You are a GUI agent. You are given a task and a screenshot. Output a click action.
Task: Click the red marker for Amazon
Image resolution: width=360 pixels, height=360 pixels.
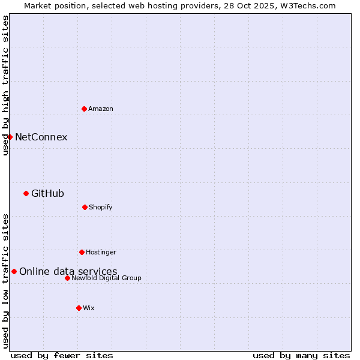pyautogui.click(x=84, y=109)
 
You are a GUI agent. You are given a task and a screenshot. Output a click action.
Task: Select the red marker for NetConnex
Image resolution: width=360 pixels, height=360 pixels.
pyautogui.click(x=10, y=137)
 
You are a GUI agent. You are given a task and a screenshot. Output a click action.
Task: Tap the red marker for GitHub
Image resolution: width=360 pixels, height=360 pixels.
pyautogui.click(x=26, y=193)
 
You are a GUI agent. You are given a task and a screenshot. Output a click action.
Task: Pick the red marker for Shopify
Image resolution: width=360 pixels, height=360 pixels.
pyautogui.click(x=85, y=207)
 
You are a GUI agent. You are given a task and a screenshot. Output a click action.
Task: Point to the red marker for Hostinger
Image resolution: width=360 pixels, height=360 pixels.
pyautogui.click(x=82, y=252)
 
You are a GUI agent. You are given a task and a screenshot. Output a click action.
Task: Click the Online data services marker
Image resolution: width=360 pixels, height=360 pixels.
pyautogui.click(x=14, y=271)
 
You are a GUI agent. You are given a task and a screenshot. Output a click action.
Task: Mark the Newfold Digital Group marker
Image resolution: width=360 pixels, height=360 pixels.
pyautogui.click(x=67, y=278)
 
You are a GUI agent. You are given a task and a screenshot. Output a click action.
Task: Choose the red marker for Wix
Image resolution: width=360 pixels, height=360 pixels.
pyautogui.click(x=79, y=308)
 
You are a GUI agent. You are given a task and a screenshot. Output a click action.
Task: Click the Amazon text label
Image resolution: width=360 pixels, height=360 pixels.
pyautogui.click(x=101, y=109)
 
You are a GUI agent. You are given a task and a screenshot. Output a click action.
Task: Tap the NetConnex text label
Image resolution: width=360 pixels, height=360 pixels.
pyautogui.click(x=41, y=137)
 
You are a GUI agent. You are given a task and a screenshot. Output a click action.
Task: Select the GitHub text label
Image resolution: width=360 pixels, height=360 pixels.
pyautogui.click(x=47, y=193)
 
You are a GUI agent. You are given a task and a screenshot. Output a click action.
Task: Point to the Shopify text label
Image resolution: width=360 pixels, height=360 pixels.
pyautogui.click(x=101, y=207)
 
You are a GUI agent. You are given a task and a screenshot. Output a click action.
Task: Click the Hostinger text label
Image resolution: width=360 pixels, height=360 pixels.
pyautogui.click(x=101, y=252)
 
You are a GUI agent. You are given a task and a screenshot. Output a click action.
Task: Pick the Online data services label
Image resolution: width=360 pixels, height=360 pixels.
pyautogui.click(x=68, y=271)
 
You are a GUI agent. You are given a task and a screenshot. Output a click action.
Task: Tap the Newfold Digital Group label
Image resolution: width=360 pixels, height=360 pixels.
pyautogui.click(x=107, y=278)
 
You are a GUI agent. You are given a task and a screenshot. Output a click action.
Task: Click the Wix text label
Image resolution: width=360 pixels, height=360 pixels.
pyautogui.click(x=89, y=308)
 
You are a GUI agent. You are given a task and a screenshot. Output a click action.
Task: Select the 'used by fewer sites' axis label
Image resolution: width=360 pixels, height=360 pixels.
pyautogui.click(x=62, y=355)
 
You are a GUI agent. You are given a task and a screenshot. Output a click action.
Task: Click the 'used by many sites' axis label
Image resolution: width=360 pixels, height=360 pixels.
pyautogui.click(x=301, y=355)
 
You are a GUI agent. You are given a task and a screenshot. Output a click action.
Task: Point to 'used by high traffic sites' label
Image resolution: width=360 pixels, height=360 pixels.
pyautogui.click(x=5, y=85)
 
